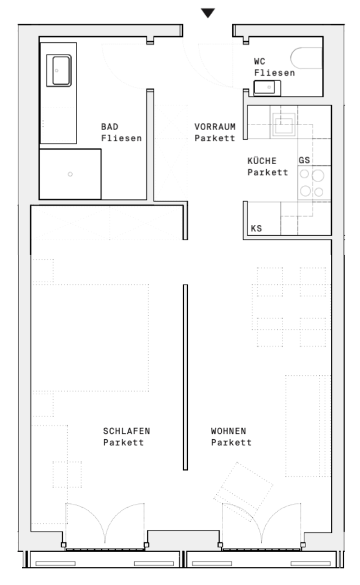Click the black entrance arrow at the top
[208, 13]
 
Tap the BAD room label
[110, 127]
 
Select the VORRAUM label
[215, 127]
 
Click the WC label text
[260, 61]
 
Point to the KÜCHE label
[262, 161]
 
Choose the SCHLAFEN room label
[127, 431]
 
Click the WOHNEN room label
[228, 431]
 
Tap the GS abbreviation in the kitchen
[304, 160]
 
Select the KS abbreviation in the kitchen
[256, 229]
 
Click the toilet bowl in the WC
[306, 58]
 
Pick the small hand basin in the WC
[267, 88]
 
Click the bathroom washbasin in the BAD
[59, 70]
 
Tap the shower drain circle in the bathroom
[70, 174]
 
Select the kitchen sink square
[283, 124]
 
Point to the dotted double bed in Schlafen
[91, 337]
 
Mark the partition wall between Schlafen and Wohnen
[185, 377]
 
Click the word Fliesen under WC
[274, 73]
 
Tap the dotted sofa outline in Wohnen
[308, 426]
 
